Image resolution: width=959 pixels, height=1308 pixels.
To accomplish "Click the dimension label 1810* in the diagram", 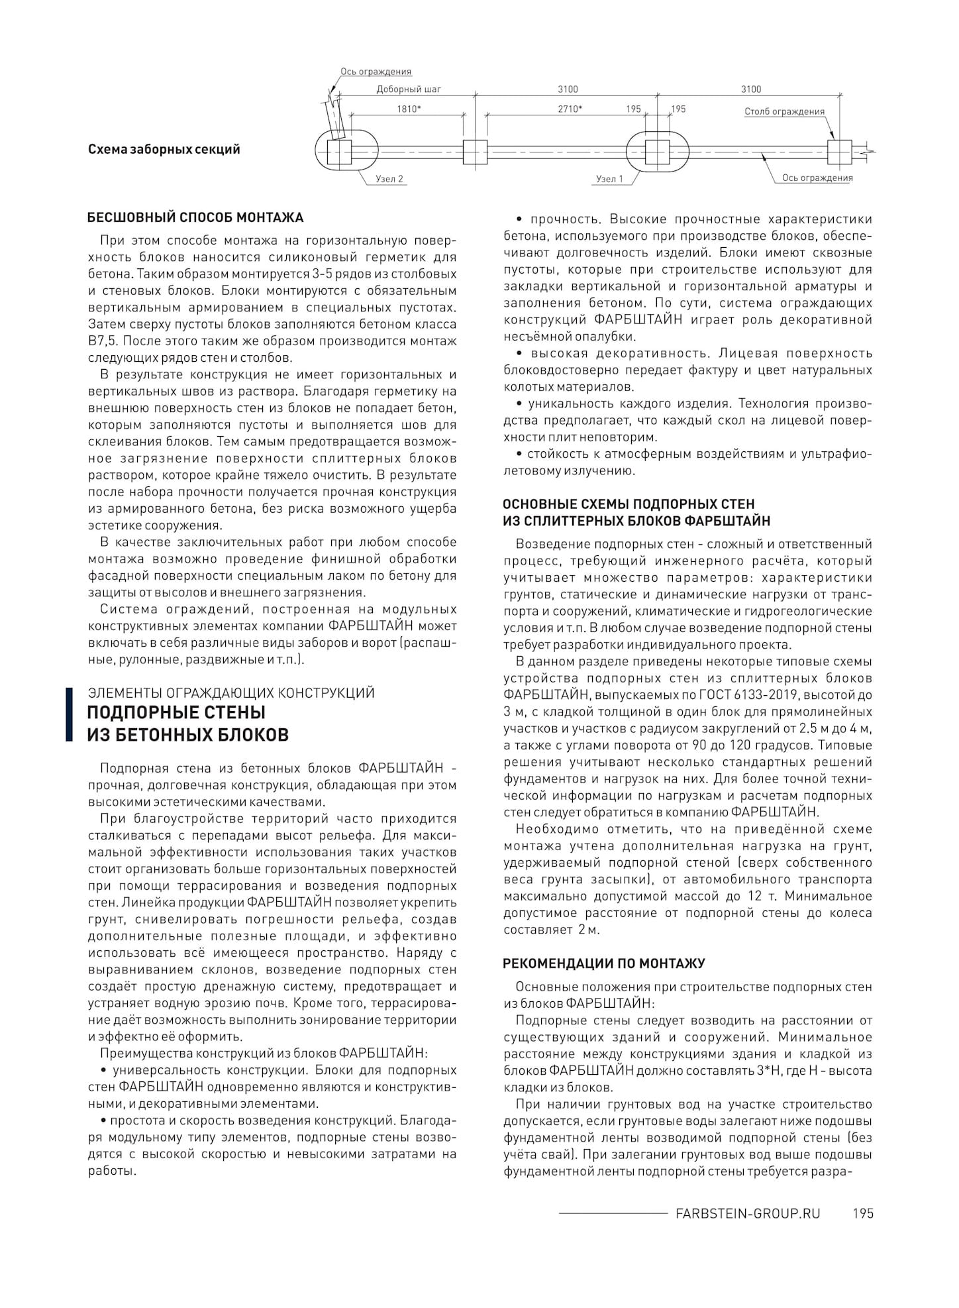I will [x=409, y=109].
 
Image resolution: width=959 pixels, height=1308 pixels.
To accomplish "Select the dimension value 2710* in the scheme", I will [x=570, y=109].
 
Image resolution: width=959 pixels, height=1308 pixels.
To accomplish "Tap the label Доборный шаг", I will [x=409, y=89].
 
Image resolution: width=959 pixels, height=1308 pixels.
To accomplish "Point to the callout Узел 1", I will [x=609, y=179].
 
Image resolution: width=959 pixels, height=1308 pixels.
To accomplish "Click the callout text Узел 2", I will [x=389, y=179].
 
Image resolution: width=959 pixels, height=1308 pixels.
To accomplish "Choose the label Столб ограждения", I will [x=784, y=111].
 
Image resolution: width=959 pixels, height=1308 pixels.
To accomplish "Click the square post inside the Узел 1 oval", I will [x=657, y=152].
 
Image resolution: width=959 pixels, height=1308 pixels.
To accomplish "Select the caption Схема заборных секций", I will [x=164, y=149].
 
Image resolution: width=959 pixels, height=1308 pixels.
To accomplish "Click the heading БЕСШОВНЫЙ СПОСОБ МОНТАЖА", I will [x=195, y=217].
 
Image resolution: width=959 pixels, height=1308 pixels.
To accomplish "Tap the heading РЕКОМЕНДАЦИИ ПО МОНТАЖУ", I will [x=604, y=963].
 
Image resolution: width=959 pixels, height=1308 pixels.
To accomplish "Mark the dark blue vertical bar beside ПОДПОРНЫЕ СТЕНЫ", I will [x=69, y=714].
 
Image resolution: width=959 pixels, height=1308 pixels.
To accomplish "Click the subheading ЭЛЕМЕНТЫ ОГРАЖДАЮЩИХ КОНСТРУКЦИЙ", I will [x=231, y=693].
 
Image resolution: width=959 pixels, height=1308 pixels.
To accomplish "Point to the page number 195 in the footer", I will [x=863, y=1213].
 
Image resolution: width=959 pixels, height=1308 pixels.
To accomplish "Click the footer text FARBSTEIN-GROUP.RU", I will [x=748, y=1213].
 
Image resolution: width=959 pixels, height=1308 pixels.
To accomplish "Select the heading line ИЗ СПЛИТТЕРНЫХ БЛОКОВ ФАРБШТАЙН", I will [x=636, y=521].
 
